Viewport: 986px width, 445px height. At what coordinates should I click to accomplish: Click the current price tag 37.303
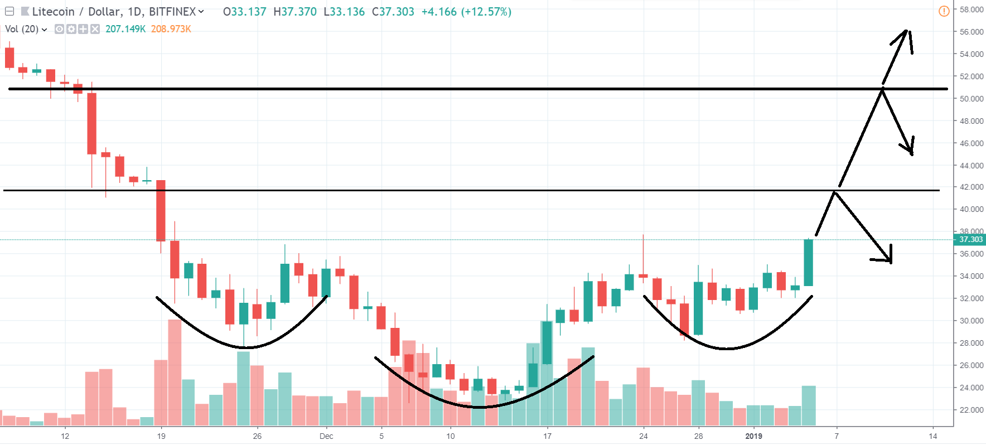[x=970, y=240]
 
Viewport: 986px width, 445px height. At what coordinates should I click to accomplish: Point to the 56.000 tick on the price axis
[x=971, y=32]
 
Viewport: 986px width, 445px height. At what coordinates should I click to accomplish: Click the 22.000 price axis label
[x=971, y=410]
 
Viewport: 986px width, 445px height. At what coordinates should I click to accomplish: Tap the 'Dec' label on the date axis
[x=326, y=436]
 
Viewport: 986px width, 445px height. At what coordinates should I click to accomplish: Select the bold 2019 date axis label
[x=753, y=436]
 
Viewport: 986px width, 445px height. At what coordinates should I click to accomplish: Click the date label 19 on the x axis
[x=161, y=436]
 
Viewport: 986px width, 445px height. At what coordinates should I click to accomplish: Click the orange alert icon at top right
[x=944, y=11]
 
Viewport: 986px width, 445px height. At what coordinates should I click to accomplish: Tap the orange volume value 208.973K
[x=171, y=29]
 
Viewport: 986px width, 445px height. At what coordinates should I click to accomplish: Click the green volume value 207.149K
[x=125, y=29]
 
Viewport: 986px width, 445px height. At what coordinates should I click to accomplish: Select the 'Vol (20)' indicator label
[x=22, y=29]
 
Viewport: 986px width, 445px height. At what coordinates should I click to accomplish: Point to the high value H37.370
[x=295, y=12]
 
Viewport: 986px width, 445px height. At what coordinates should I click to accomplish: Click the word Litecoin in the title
[x=53, y=12]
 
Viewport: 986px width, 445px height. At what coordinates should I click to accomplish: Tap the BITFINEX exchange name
[x=172, y=12]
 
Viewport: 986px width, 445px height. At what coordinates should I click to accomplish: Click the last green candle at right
[x=808, y=262]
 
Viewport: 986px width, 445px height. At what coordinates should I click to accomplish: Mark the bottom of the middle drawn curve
[x=480, y=407]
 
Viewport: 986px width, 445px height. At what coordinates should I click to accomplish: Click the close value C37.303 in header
[x=393, y=12]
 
